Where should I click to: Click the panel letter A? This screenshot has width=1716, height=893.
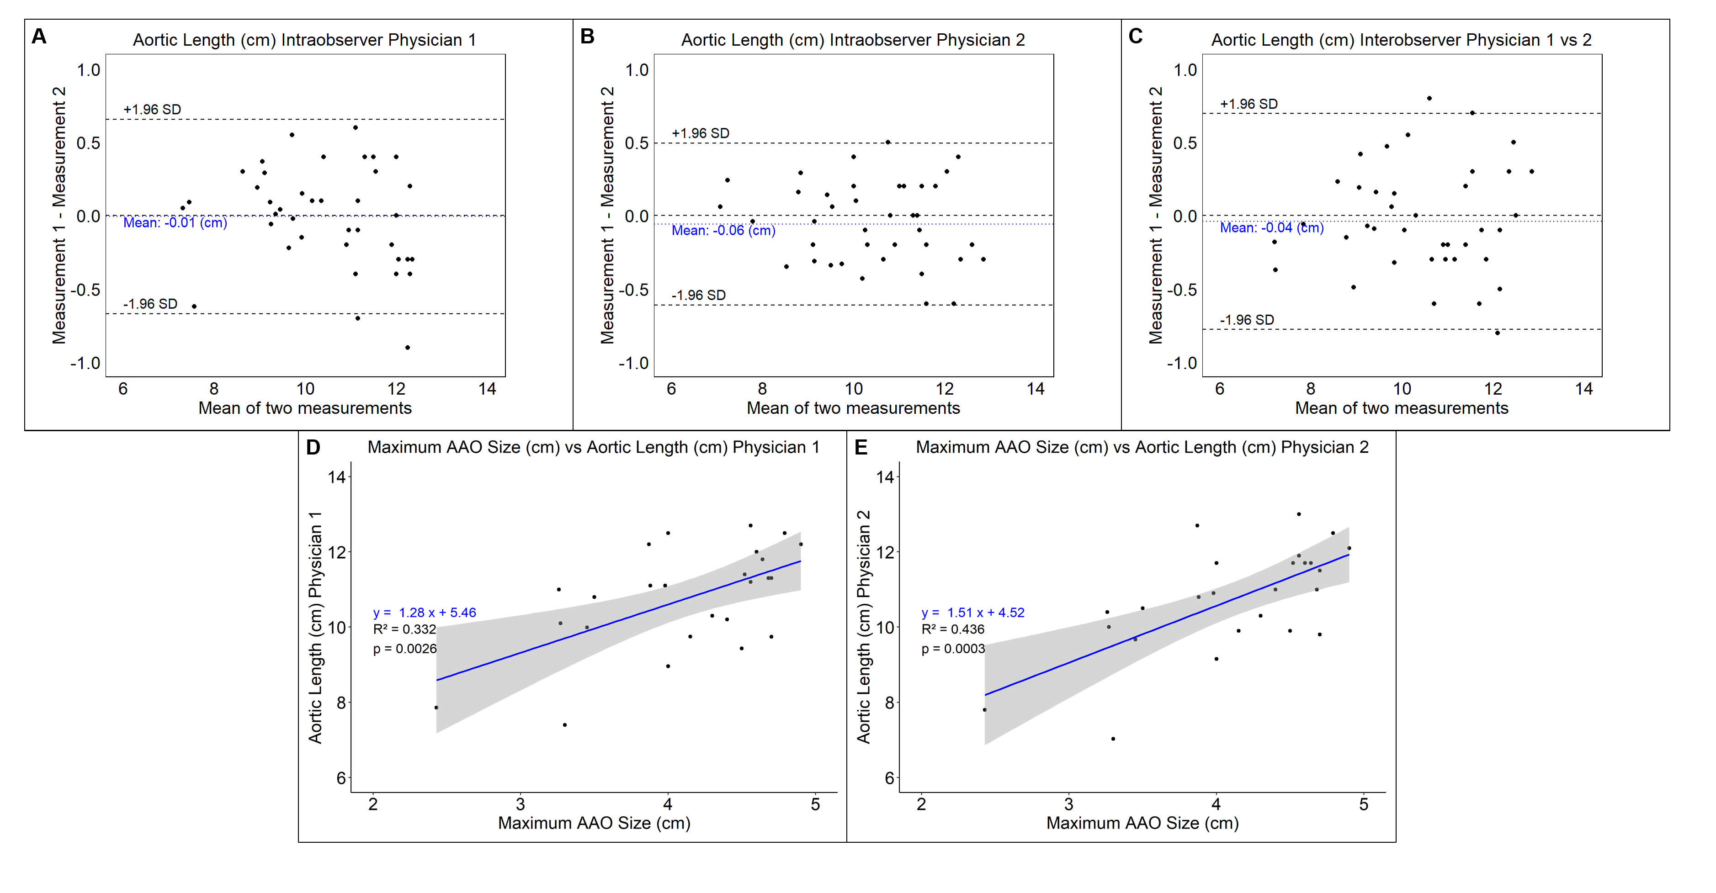[39, 36]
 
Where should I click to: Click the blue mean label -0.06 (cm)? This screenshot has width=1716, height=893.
[723, 230]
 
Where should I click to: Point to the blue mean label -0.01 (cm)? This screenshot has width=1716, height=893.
[175, 222]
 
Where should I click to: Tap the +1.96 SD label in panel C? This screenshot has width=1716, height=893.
[1248, 104]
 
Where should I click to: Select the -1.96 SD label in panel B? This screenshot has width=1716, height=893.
[698, 295]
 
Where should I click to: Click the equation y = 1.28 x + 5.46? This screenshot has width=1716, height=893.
[425, 613]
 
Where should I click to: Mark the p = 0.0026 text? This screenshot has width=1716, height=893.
[404, 649]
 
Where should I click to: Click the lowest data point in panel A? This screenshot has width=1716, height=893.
[408, 348]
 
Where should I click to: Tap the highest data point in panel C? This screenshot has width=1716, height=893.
[1429, 99]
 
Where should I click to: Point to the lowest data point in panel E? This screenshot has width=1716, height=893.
[1113, 739]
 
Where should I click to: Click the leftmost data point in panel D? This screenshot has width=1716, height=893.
[436, 708]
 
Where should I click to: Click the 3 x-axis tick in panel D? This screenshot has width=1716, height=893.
[520, 804]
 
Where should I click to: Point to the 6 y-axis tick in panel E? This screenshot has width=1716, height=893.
[889, 778]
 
